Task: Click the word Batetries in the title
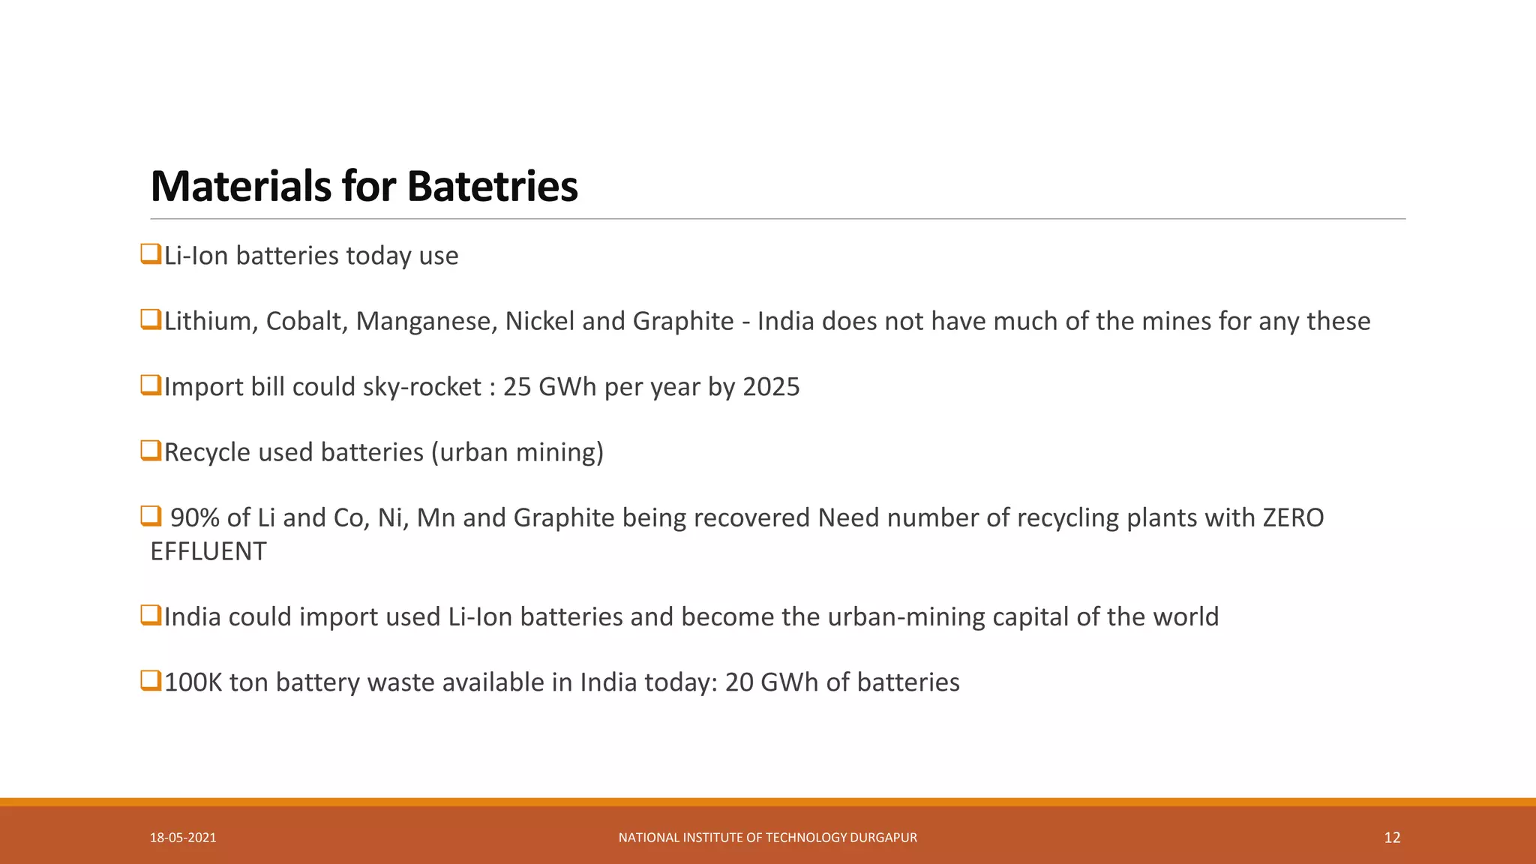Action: click(x=492, y=186)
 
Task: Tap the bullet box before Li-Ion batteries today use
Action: click(x=151, y=254)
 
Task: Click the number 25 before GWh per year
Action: click(x=517, y=387)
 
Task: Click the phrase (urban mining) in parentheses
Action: click(x=517, y=452)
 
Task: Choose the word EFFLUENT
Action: click(x=208, y=551)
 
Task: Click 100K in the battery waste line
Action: click(x=193, y=682)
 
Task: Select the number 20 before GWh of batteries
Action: click(x=739, y=682)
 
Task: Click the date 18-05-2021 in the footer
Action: click(x=183, y=838)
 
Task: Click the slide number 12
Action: click(x=1392, y=838)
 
